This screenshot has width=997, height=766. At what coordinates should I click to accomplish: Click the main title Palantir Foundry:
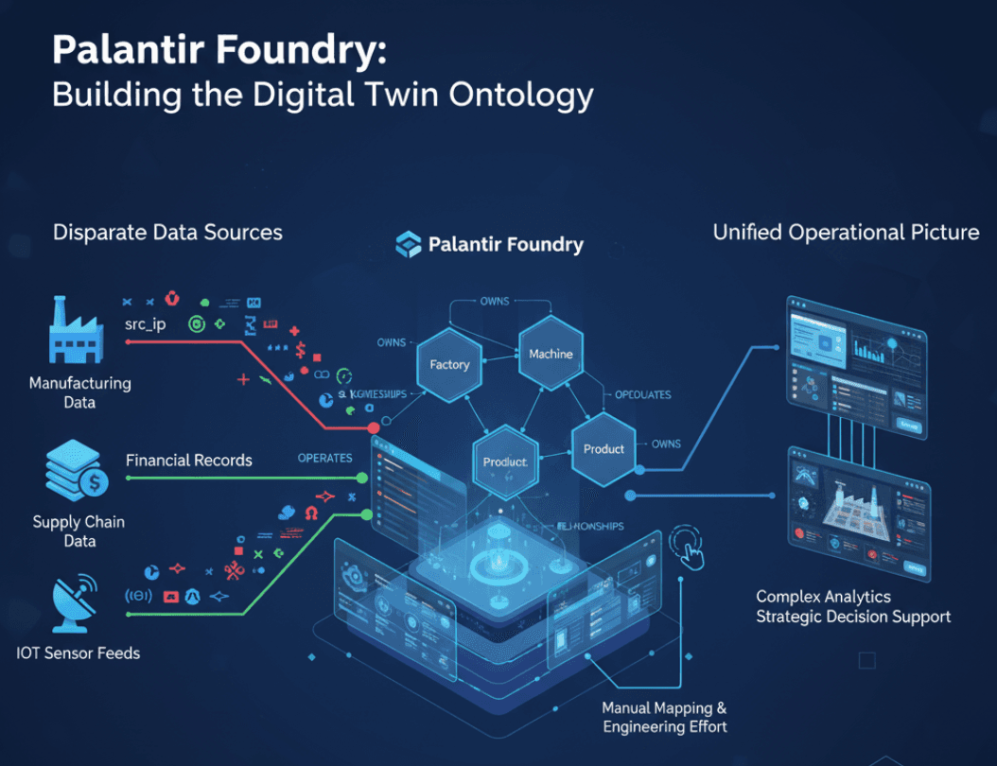219,50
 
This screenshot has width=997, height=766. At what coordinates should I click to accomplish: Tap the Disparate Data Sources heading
167,232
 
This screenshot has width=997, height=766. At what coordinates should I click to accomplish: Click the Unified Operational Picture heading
846,232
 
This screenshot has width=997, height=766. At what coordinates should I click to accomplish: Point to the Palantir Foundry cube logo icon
409,244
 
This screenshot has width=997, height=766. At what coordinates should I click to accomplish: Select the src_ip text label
145,324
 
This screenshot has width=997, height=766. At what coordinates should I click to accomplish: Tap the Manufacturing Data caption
80,392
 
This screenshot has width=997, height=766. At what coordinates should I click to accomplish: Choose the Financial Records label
189,461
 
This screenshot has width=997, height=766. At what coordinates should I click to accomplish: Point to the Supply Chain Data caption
79,531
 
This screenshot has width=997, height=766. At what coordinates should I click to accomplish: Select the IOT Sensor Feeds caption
79,652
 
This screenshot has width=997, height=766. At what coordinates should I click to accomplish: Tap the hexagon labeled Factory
449,364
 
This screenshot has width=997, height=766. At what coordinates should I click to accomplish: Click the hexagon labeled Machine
551,354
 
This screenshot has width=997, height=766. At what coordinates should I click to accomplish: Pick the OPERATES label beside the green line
324,458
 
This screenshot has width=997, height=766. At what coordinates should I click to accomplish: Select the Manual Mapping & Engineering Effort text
665,717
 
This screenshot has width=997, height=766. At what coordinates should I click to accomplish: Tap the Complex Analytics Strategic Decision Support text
852,606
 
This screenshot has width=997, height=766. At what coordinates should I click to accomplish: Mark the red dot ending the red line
374,428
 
